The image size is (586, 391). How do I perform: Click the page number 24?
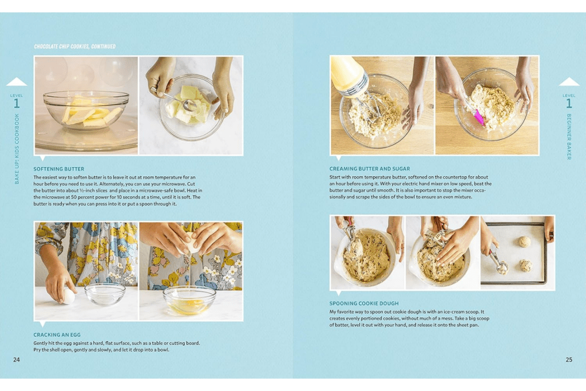tap(16, 360)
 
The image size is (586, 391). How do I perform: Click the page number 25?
tap(568, 360)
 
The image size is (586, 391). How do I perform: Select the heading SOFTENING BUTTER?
tap(58, 169)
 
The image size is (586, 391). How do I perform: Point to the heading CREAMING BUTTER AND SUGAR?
tap(369, 169)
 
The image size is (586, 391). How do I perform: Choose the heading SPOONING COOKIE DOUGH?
tap(364, 303)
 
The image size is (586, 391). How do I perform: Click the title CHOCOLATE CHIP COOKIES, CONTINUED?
tap(74, 46)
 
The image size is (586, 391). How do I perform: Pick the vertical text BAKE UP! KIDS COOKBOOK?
tap(17, 148)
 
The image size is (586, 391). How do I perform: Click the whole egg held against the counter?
tap(68, 295)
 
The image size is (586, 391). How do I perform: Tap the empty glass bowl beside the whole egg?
tap(105, 294)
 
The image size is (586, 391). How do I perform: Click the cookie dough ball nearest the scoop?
tap(524, 266)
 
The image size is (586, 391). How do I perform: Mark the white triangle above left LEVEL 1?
tap(17, 81)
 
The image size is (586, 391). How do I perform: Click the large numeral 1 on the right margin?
tap(569, 103)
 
